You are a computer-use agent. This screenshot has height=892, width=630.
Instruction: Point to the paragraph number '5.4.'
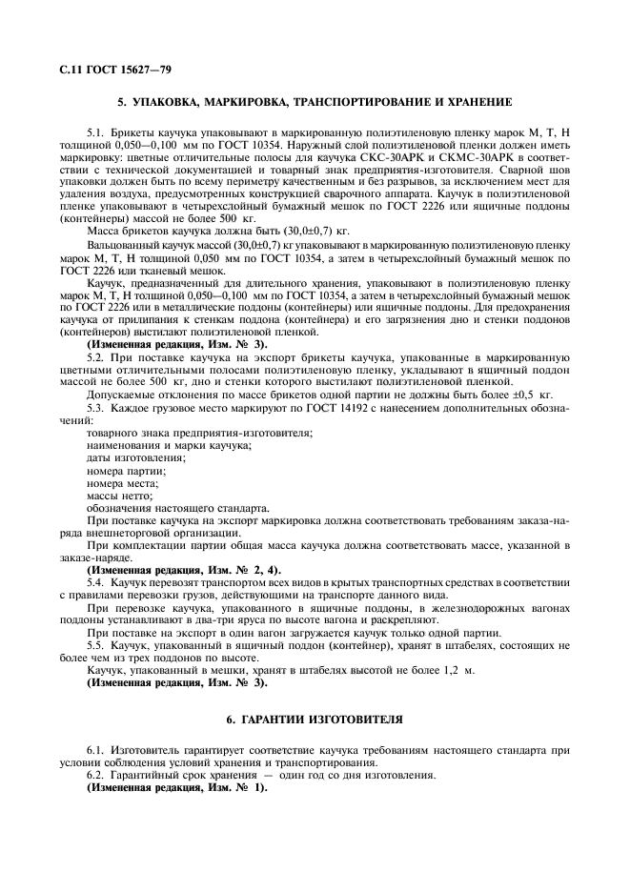(97, 580)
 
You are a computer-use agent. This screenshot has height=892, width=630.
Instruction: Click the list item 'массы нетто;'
(120, 496)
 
